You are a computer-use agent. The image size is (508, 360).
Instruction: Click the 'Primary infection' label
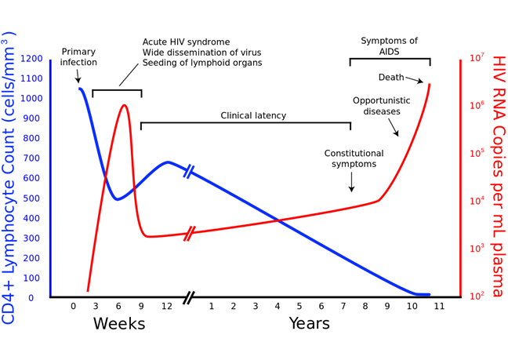pos(78,56)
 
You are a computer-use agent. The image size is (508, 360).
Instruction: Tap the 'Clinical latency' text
pos(253,115)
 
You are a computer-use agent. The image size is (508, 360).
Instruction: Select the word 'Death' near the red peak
pos(391,78)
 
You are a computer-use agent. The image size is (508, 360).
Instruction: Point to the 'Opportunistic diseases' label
pos(381,106)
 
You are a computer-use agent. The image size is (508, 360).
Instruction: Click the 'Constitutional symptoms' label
pos(354,158)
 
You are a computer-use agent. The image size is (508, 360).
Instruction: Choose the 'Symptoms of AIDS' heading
pos(389,45)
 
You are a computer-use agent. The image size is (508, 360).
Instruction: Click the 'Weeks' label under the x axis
pos(119,323)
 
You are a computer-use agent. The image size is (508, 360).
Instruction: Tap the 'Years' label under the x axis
pos(309,323)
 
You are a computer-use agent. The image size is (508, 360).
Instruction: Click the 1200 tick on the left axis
pos(31,59)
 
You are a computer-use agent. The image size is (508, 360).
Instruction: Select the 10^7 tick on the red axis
pos(477,59)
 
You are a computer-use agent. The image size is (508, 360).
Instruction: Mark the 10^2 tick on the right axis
pos(477,296)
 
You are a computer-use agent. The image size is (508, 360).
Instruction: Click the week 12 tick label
pos(166,306)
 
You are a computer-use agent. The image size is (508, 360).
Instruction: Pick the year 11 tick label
pos(439,306)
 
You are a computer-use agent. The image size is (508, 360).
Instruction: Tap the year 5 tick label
pos(299,306)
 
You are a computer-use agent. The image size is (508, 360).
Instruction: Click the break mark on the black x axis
pos(188,297)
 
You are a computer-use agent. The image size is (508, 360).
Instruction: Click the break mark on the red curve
pos(188,233)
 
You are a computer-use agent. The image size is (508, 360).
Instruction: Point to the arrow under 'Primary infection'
pos(78,76)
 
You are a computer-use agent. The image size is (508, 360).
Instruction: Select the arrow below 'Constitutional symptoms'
pos(351,183)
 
